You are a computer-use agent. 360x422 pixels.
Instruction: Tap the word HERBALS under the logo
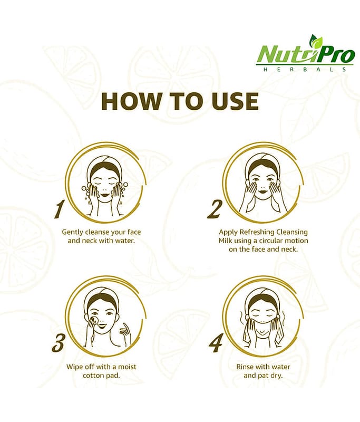(x=305, y=70)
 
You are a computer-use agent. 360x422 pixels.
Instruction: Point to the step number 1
(x=59, y=209)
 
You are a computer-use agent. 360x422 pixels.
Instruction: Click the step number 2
(x=215, y=209)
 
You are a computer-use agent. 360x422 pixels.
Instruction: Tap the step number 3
(x=58, y=342)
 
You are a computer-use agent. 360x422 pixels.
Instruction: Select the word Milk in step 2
(x=225, y=241)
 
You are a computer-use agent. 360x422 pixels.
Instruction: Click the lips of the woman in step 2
(x=262, y=191)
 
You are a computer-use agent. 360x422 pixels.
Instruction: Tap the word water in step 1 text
(x=125, y=241)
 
